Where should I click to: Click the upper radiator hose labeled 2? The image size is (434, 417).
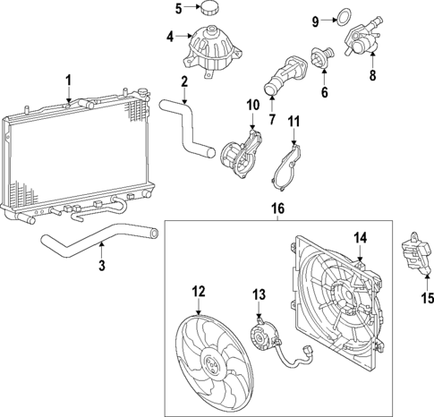coord(189,125)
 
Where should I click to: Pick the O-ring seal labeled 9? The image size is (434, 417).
coord(344,15)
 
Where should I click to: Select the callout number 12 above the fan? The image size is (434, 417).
coord(199,291)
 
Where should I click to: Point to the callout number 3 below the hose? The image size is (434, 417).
coord(101,265)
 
